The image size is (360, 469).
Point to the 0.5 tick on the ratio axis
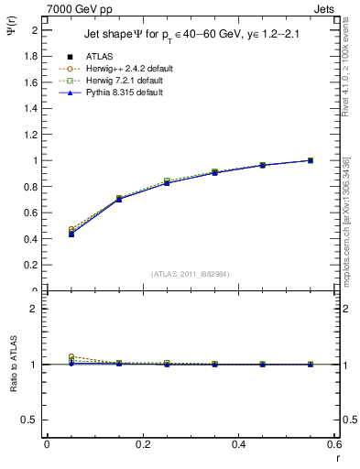pyautogui.click(x=29, y=420)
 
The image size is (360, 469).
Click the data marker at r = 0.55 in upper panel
pyautogui.click(x=311, y=160)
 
